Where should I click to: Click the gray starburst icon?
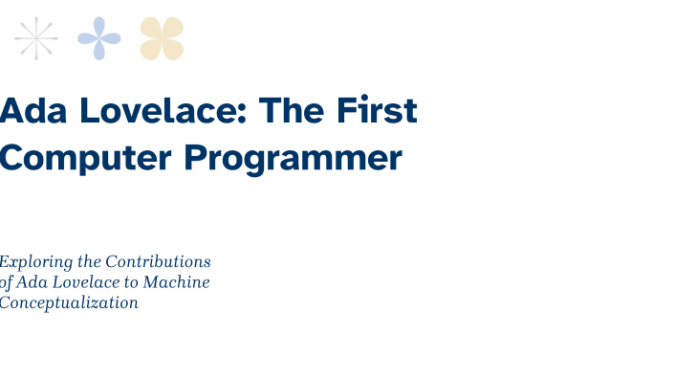36,38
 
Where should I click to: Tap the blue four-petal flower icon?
99,38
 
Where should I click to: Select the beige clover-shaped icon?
162,38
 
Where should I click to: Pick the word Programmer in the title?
293,159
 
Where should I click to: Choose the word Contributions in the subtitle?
158,261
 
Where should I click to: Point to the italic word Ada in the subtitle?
33,282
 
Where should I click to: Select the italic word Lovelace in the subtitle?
87,282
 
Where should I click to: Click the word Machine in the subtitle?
176,282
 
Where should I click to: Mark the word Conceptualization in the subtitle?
69,303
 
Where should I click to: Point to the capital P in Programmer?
196,157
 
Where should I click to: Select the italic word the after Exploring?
89,261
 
